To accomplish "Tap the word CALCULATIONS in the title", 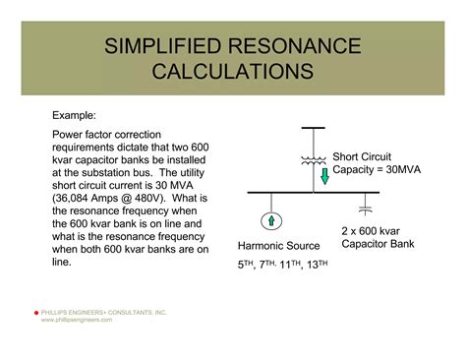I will [233, 72].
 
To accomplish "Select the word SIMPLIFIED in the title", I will [164, 46].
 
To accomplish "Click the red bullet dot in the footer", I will [36, 313].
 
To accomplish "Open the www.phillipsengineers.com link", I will [85, 320].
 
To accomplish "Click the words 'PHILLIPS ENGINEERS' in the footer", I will [77, 313].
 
